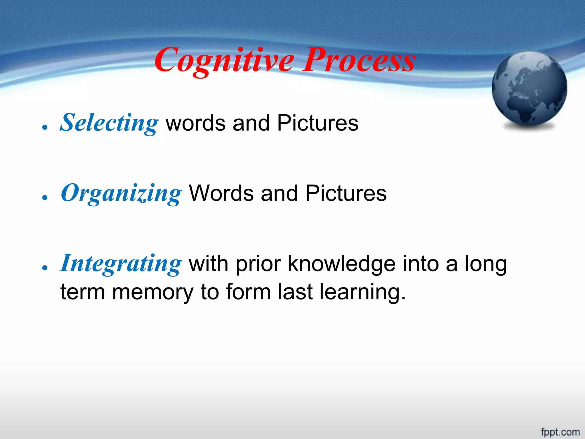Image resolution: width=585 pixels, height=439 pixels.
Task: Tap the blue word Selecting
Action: (x=109, y=123)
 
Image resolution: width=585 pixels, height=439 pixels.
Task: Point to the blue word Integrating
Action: (x=121, y=264)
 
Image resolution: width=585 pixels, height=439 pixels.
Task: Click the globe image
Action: (x=529, y=89)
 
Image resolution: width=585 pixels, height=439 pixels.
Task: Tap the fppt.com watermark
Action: (x=560, y=432)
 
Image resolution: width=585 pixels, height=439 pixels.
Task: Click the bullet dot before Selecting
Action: (x=44, y=127)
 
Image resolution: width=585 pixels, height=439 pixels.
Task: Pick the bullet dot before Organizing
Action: (x=44, y=197)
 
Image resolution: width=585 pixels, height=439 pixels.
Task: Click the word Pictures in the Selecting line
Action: (x=318, y=123)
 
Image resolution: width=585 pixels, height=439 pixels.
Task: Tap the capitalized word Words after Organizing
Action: (x=221, y=193)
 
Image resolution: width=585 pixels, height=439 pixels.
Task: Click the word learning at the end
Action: (x=362, y=292)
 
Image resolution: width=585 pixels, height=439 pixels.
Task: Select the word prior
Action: (x=258, y=264)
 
